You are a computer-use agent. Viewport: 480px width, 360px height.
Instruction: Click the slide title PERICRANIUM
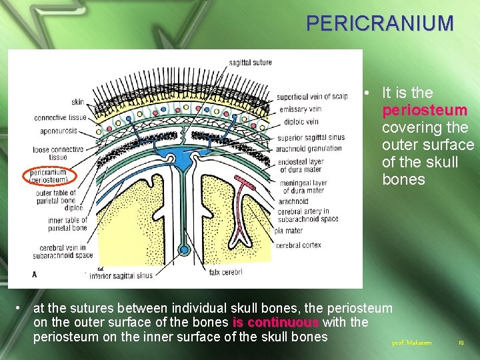(x=380, y=23)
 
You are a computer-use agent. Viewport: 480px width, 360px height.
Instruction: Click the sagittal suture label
(x=250, y=63)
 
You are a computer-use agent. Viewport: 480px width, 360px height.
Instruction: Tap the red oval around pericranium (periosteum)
(x=50, y=176)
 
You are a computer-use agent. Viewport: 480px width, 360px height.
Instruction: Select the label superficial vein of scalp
(x=312, y=97)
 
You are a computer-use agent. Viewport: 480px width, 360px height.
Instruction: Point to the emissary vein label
(x=300, y=109)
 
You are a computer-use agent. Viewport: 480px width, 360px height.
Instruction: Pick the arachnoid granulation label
(x=310, y=148)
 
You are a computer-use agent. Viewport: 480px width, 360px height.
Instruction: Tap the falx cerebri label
(x=225, y=271)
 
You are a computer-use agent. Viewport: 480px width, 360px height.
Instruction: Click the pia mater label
(x=290, y=231)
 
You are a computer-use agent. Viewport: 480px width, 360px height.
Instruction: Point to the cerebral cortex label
(x=298, y=245)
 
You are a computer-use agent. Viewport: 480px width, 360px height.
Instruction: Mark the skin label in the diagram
(x=77, y=101)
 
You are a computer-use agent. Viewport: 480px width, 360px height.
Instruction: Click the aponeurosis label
(x=61, y=132)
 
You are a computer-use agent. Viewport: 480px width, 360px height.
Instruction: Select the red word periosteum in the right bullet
(x=425, y=110)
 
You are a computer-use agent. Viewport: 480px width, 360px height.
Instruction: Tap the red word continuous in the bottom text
(x=275, y=323)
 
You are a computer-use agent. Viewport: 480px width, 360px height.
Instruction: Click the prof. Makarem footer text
(x=411, y=343)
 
